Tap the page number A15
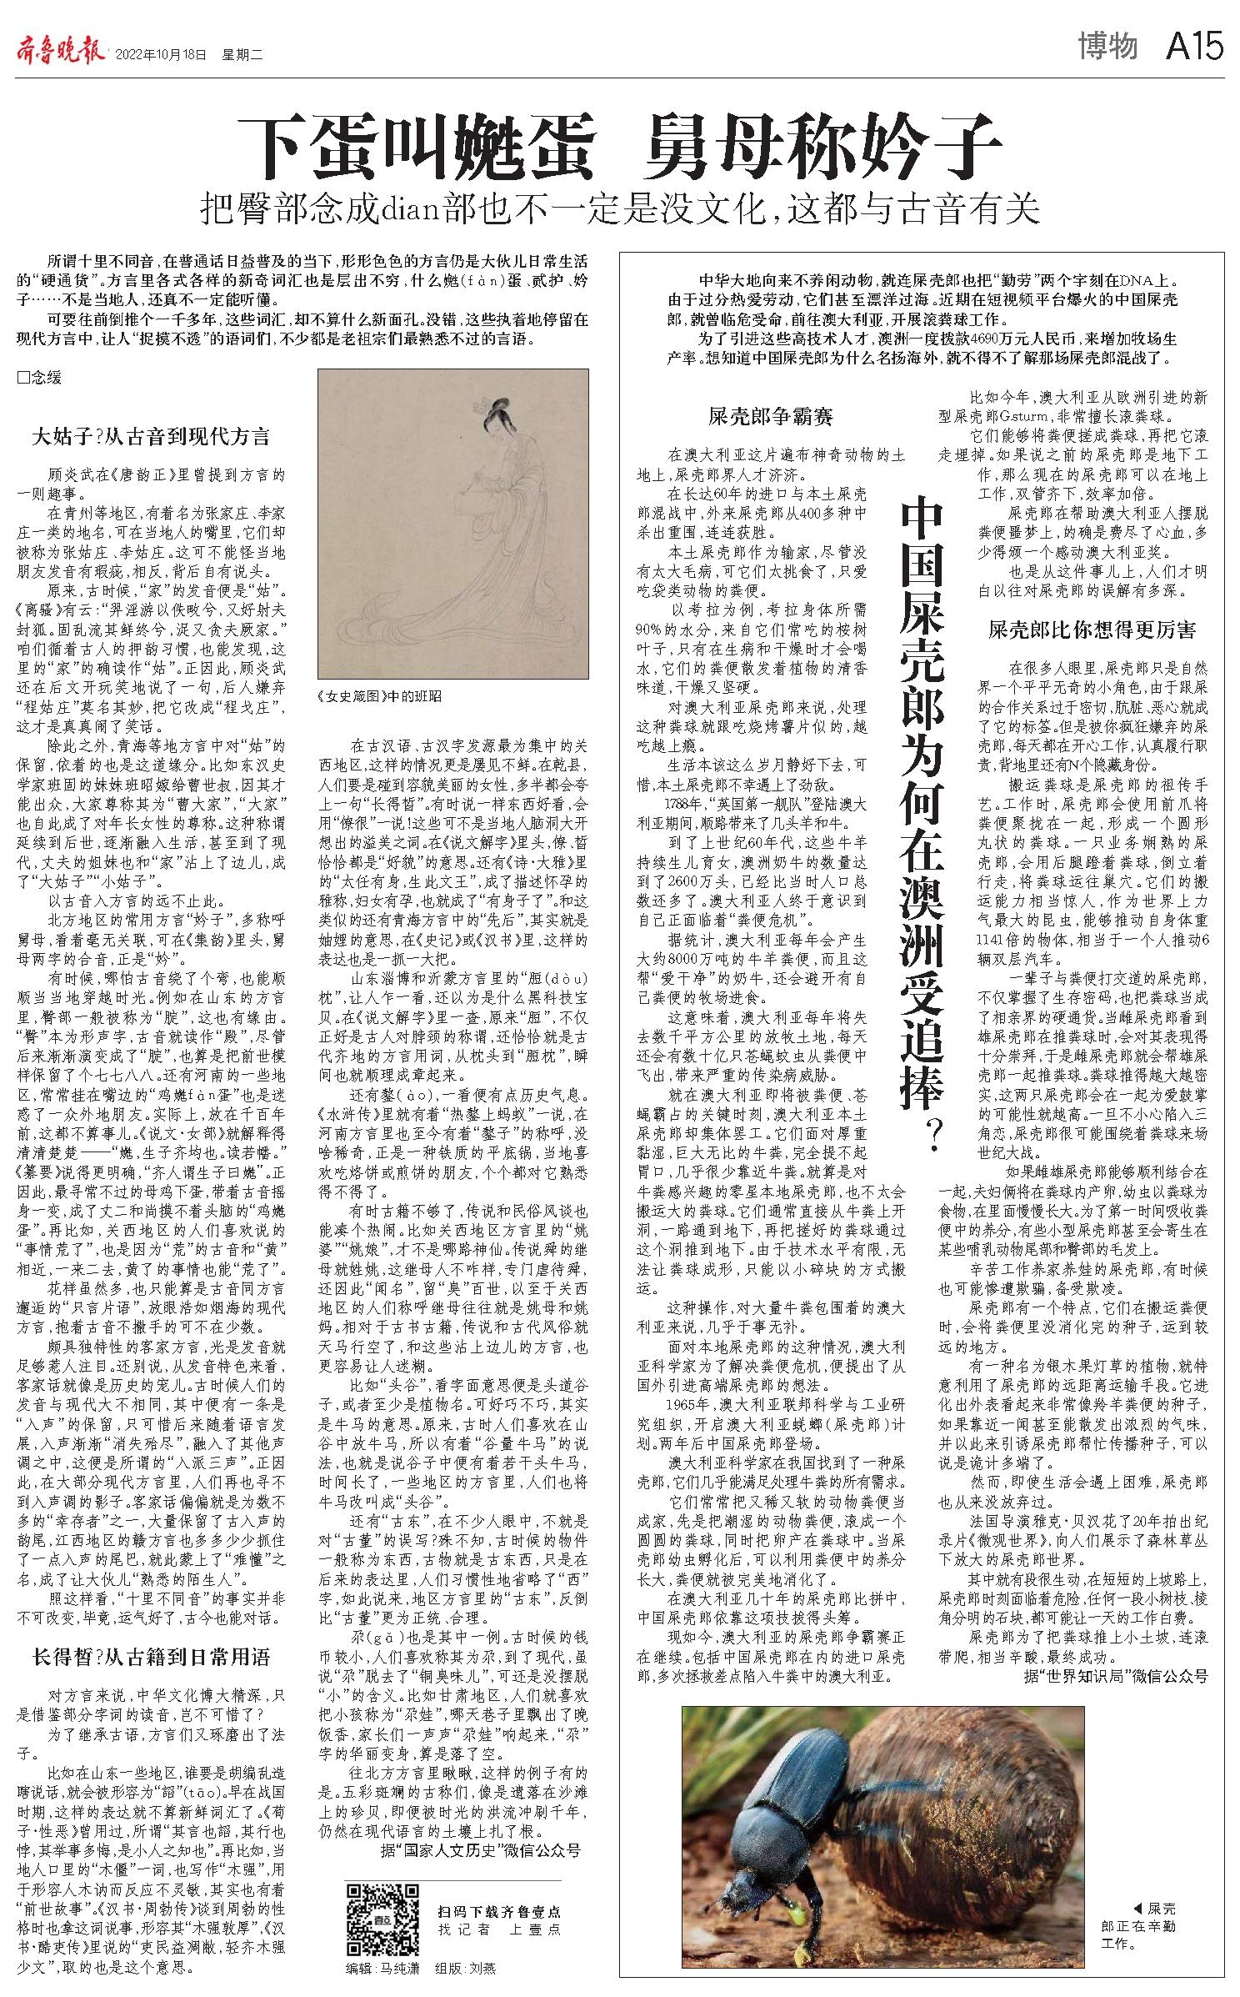[x=1194, y=48]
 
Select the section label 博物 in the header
[x=1107, y=48]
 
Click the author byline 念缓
[x=41, y=378]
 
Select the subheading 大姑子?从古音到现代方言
[x=151, y=437]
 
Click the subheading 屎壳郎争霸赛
[x=770, y=416]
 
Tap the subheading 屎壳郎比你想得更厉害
[x=1092, y=630]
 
